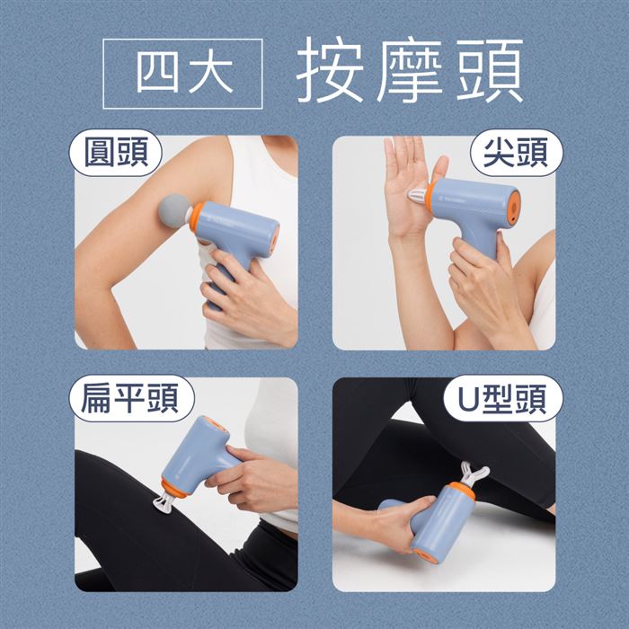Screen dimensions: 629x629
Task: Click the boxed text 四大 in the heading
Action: click(x=184, y=75)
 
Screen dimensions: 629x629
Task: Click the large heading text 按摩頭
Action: click(x=410, y=71)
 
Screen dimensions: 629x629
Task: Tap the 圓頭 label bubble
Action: click(x=116, y=153)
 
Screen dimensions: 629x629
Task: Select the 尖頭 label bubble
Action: click(x=516, y=153)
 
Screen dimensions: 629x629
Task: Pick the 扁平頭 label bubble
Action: click(x=131, y=398)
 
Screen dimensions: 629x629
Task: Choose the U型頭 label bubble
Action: click(x=503, y=398)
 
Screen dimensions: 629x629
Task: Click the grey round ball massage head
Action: click(x=174, y=211)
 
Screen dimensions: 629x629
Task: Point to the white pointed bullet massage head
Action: click(x=418, y=195)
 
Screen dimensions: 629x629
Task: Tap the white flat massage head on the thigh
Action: click(x=164, y=503)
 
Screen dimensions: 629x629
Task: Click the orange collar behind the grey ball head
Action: click(x=197, y=217)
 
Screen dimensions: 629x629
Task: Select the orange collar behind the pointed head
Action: click(x=430, y=195)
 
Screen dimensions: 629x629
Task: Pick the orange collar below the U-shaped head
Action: click(x=462, y=491)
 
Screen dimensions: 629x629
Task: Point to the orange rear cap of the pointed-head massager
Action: click(x=515, y=206)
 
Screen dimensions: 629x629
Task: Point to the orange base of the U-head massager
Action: click(x=423, y=555)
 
